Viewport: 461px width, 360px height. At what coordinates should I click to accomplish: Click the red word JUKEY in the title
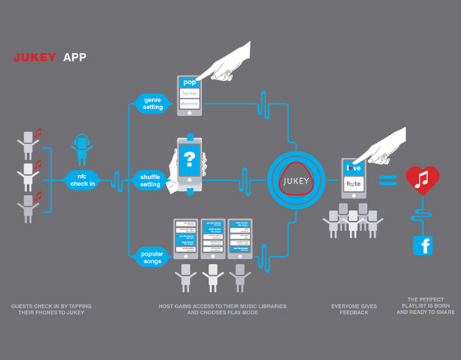pyautogui.click(x=34, y=58)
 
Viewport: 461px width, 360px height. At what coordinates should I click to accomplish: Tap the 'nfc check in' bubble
pyautogui.click(x=82, y=180)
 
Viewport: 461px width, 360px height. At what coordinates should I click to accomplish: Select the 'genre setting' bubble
pyautogui.click(x=153, y=103)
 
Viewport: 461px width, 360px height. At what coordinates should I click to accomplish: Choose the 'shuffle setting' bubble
pyautogui.click(x=150, y=180)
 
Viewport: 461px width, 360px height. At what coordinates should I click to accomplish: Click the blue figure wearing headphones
pyautogui.click(x=81, y=149)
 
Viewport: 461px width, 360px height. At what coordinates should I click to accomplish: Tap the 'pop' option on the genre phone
pyautogui.click(x=190, y=83)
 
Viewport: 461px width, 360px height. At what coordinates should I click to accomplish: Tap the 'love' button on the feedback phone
pyautogui.click(x=354, y=168)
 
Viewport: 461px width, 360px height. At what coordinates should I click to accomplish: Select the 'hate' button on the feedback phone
pyautogui.click(x=354, y=185)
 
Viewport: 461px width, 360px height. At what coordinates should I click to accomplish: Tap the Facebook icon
pyautogui.click(x=422, y=245)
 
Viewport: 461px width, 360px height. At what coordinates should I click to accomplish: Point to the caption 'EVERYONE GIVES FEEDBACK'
pyautogui.click(x=354, y=309)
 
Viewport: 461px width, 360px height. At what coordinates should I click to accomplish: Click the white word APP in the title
pyautogui.click(x=74, y=58)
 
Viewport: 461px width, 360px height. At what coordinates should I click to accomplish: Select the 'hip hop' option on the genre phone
pyautogui.click(x=190, y=93)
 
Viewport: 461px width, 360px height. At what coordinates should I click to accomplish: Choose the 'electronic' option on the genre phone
pyautogui.click(x=190, y=103)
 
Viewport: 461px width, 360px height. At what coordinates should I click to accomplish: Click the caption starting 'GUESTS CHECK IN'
pyautogui.click(x=47, y=309)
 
